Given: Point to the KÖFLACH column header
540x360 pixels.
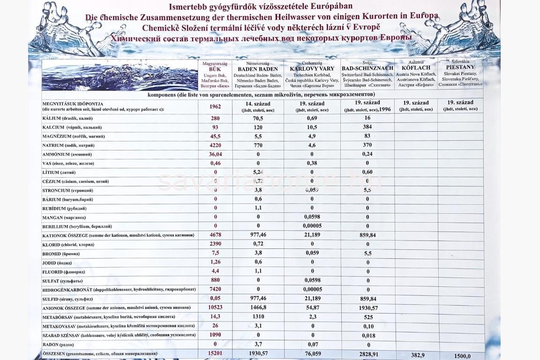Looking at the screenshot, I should pyautogui.click(x=416, y=67).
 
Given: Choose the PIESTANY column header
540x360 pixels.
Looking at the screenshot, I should pyautogui.click(x=460, y=67).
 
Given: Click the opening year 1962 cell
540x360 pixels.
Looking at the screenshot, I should pyautogui.click(x=216, y=106).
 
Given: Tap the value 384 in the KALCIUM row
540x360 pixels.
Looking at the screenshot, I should pyautogui.click(x=367, y=127).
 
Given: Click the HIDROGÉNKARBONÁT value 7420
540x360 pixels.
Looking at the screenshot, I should pyautogui.click(x=216, y=290).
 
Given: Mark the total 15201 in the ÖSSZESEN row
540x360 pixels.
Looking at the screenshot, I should pyautogui.click(x=216, y=353).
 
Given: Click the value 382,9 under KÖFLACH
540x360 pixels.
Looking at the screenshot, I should pyautogui.click(x=418, y=355).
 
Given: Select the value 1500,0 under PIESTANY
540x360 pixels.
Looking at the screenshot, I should pyautogui.click(x=462, y=356).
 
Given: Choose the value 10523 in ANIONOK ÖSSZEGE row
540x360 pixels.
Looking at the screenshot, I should pyautogui.click(x=216, y=307).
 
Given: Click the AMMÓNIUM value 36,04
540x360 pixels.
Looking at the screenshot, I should pyautogui.click(x=216, y=154).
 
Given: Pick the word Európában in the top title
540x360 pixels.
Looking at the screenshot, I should pyautogui.click(x=330, y=7).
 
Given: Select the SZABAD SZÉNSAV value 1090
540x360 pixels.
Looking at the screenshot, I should pyautogui.click(x=216, y=335).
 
